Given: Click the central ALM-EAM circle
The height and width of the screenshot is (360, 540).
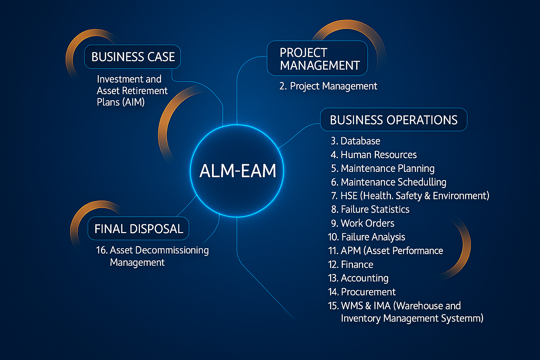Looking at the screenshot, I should pyautogui.click(x=237, y=171).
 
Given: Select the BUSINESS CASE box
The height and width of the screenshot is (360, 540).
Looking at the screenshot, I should pyautogui.click(x=133, y=57).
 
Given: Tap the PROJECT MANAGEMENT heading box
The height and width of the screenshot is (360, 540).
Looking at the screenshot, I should pyautogui.click(x=317, y=58).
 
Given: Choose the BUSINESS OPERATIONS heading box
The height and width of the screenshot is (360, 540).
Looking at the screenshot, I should pyautogui.click(x=393, y=120).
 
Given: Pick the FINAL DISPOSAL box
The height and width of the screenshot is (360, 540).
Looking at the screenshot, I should pyautogui.click(x=139, y=229).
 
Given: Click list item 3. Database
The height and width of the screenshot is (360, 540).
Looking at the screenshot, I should pyautogui.click(x=355, y=141).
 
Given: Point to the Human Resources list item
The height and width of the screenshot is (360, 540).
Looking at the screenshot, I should pyautogui.click(x=374, y=155).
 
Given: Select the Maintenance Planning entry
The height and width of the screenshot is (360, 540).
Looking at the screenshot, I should pyautogui.click(x=382, y=168).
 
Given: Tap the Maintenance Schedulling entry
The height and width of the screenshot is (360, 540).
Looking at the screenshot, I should pyautogui.click(x=388, y=182).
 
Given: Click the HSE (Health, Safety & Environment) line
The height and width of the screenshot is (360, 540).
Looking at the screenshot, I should pyautogui.click(x=410, y=196).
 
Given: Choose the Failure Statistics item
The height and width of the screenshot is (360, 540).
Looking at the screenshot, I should pyautogui.click(x=370, y=210).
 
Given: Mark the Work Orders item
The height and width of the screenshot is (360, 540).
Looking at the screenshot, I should pyautogui.click(x=362, y=223).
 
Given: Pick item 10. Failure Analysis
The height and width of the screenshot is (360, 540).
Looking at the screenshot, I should pyautogui.click(x=366, y=237).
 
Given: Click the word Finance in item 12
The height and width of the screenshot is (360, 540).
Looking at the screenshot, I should pyautogui.click(x=357, y=264).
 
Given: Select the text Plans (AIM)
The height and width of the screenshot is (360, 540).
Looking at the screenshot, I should pyautogui.click(x=121, y=102).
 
